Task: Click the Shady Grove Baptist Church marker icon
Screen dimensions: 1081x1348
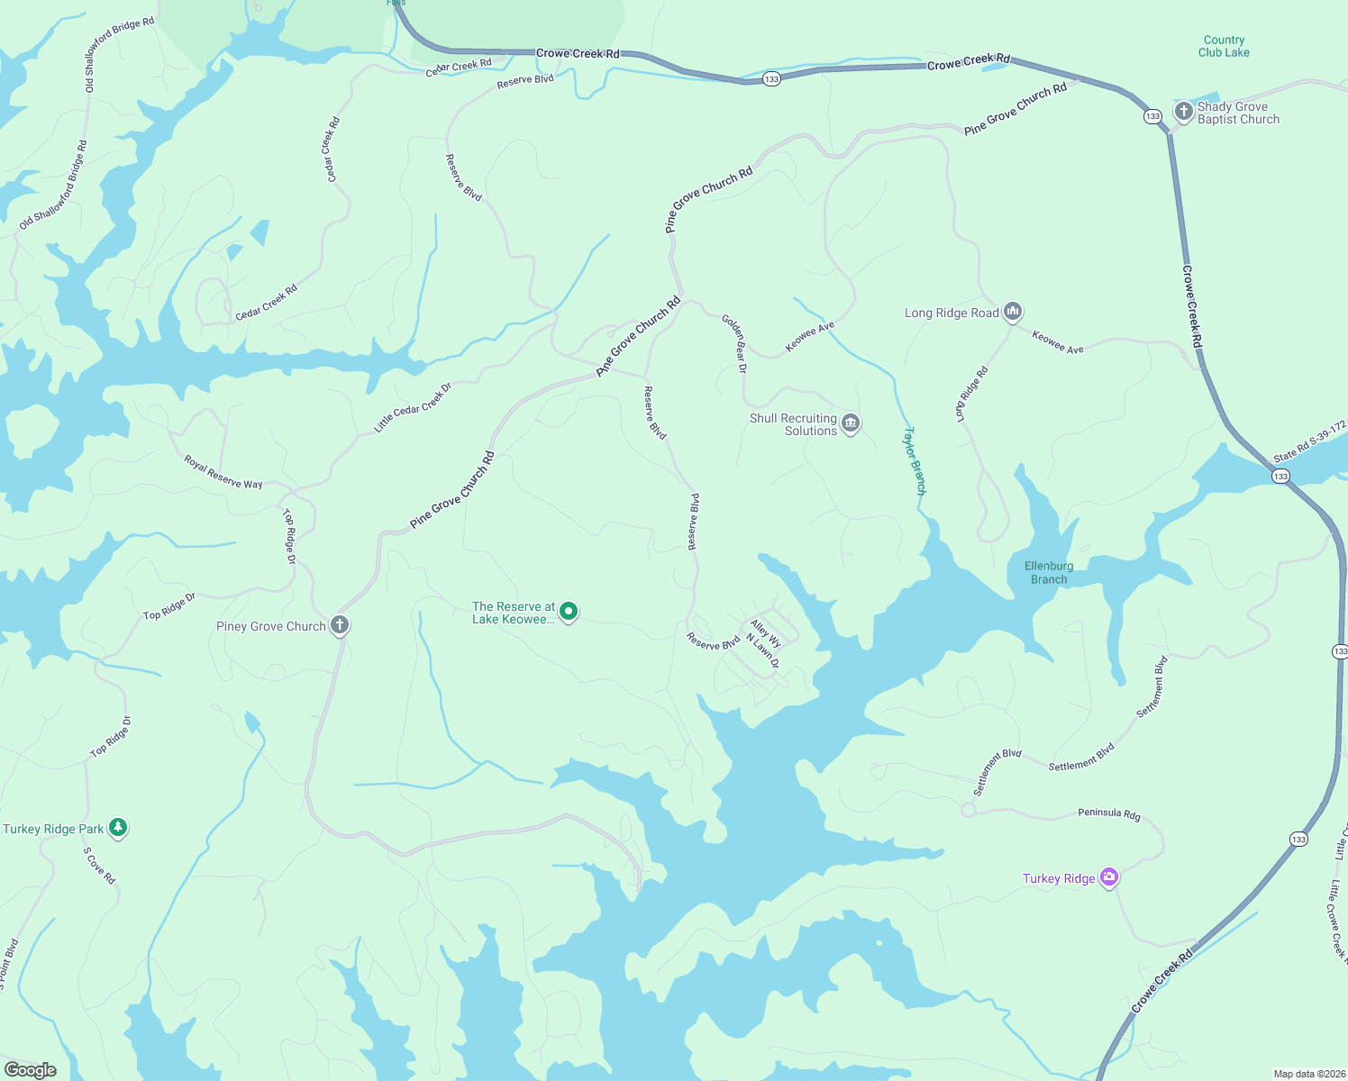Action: click(1183, 112)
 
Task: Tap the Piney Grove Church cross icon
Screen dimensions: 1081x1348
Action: click(340, 625)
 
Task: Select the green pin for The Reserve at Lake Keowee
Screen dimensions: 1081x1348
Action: click(569, 613)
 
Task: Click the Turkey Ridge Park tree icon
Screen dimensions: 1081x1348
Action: click(117, 827)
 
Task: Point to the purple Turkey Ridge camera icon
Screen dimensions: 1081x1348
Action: click(1109, 877)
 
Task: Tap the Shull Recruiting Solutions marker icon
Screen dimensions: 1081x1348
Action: click(850, 423)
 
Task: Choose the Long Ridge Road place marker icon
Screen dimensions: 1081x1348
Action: click(1012, 312)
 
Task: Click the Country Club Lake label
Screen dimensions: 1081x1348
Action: click(1224, 46)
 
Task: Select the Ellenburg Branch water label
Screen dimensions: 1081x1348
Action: click(1049, 573)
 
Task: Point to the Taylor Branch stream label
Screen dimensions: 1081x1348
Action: click(915, 460)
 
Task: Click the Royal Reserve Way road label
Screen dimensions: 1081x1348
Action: click(223, 472)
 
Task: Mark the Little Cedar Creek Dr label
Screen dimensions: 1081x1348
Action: click(413, 407)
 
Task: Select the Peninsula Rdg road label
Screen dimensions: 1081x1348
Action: click(1109, 813)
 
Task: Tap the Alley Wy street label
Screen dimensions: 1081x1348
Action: click(766, 633)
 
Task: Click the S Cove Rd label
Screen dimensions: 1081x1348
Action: click(99, 865)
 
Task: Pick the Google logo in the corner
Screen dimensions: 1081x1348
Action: click(31, 1069)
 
